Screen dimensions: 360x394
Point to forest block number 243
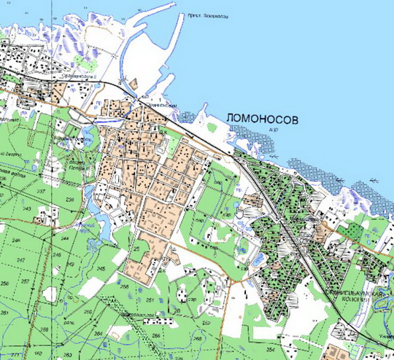(28, 209)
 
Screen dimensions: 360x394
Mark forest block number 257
(25, 281)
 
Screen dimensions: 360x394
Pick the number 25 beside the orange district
(136, 249)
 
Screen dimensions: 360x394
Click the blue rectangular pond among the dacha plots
(261, 259)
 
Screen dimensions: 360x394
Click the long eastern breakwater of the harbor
(180, 44)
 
